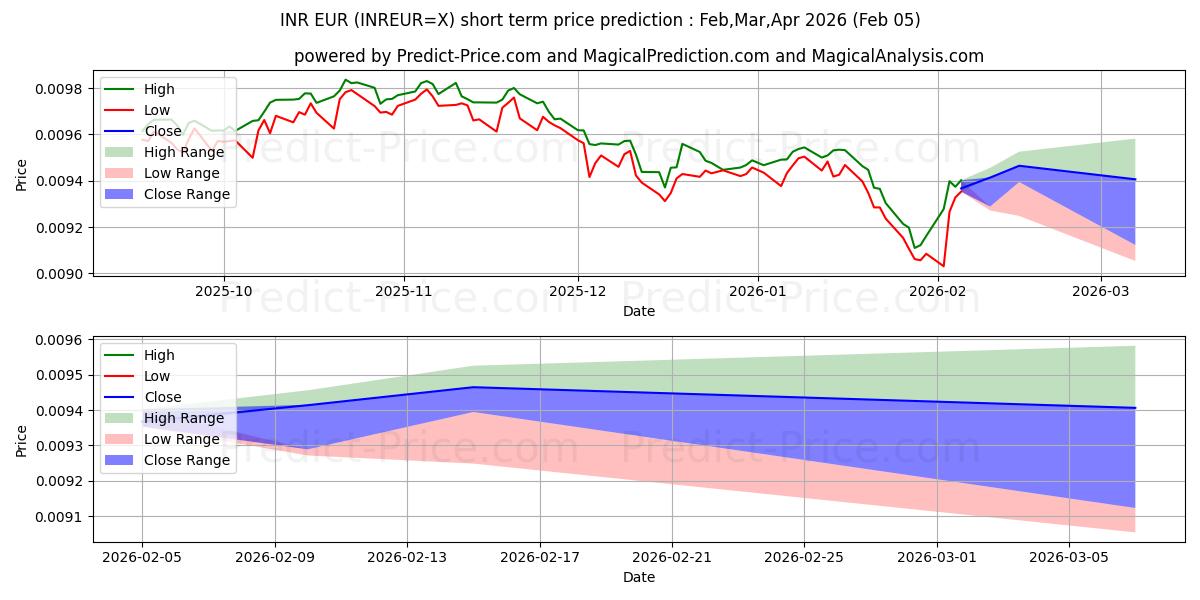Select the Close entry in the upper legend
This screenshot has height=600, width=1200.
pyautogui.click(x=161, y=131)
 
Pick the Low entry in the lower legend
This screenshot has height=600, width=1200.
pyautogui.click(x=157, y=376)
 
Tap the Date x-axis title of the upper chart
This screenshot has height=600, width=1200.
pyautogui.click(x=639, y=311)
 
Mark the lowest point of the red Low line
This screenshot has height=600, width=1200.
pyautogui.click(x=943, y=266)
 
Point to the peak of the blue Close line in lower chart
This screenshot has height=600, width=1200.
pyautogui.click(x=474, y=387)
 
